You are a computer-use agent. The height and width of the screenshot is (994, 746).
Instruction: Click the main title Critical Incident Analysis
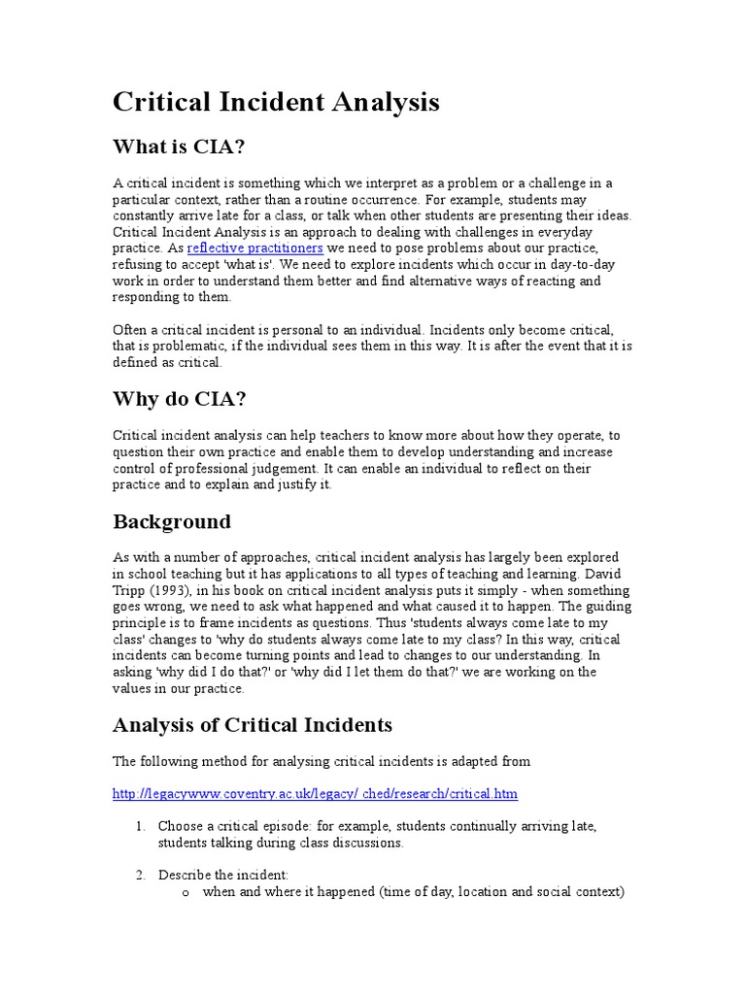[277, 102]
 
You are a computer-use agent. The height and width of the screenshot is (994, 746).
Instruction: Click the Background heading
[172, 521]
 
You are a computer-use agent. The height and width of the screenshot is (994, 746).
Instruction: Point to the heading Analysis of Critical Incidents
[253, 724]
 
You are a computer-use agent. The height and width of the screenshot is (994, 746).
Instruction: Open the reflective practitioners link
[254, 248]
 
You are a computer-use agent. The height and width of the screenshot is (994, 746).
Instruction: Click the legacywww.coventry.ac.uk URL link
[315, 793]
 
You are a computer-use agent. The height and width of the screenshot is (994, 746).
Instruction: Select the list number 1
[140, 826]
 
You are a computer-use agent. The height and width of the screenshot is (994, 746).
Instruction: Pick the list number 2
[140, 875]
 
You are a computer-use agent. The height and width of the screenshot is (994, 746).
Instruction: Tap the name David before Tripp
[612, 575]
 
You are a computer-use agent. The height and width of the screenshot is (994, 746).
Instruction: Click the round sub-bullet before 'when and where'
[185, 892]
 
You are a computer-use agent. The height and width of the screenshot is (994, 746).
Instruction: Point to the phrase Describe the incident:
[210, 875]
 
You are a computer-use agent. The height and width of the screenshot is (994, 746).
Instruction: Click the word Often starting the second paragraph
[131, 330]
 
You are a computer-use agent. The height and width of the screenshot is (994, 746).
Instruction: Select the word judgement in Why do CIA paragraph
[283, 468]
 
